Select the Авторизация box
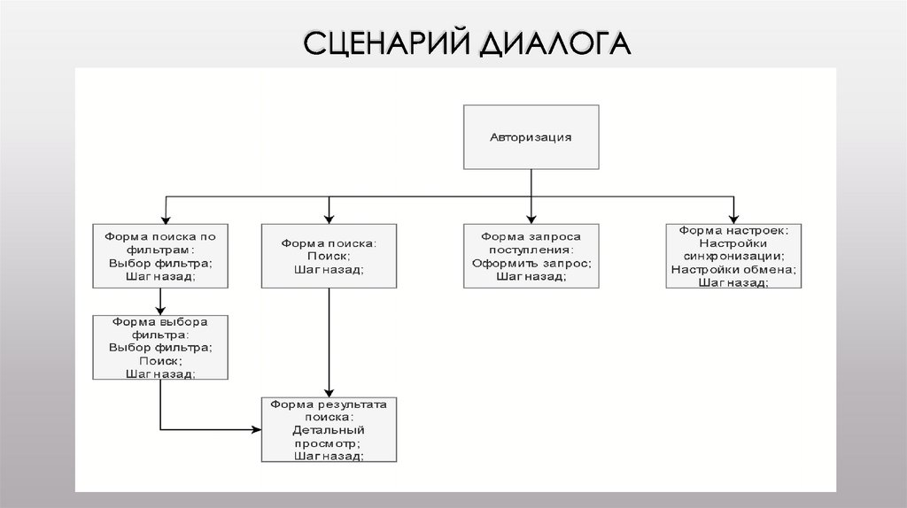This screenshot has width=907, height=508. pos(531,137)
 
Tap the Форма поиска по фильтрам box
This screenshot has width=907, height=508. pos(160,256)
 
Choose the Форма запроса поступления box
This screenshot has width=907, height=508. pos(531,256)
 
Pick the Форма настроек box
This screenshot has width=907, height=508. pos(733,256)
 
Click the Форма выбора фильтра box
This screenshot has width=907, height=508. pos(160,348)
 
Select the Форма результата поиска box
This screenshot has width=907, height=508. pos(329,429)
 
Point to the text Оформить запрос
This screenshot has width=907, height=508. pos(531,263)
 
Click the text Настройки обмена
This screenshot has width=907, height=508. pos(733,269)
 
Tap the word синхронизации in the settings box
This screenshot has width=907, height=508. pos(733,256)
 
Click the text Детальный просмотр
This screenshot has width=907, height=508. pos(329,435)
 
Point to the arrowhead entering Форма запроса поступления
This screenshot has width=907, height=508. pos(531,218)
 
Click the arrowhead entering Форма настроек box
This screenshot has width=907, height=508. pos(733,218)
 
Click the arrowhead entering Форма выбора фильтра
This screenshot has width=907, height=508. pos(160,310)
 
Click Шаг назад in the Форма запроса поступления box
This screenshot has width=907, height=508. pos(531,276)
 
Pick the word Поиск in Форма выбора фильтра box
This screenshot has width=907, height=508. pos(160,360)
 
